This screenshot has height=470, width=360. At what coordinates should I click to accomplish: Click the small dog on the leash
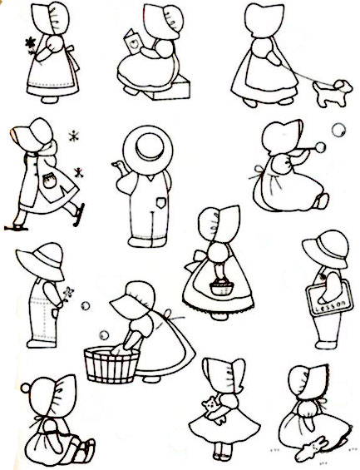pyautogui.click(x=333, y=92)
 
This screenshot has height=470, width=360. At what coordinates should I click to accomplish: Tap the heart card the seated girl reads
pyautogui.click(x=132, y=42)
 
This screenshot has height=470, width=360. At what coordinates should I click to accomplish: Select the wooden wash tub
pyautogui.click(x=111, y=365)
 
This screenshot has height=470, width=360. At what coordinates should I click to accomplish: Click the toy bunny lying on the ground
pyautogui.click(x=312, y=448)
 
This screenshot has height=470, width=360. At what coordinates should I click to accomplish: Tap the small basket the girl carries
pyautogui.click(x=222, y=287)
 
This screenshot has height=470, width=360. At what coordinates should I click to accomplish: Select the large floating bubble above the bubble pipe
pyautogui.click(x=338, y=130)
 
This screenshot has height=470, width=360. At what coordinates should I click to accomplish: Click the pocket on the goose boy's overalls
pyautogui.click(x=160, y=202)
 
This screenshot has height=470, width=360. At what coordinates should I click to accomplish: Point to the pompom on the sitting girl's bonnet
pyautogui.click(x=26, y=388)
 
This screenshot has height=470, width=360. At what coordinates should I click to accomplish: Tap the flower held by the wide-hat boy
pyautogui.click(x=68, y=292)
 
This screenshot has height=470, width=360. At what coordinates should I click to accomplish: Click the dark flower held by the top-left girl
pyautogui.click(x=30, y=43)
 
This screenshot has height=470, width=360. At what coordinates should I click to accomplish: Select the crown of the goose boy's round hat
pyautogui.click(x=150, y=146)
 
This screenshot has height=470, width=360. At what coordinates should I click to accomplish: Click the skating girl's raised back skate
pyautogui.click(x=79, y=215)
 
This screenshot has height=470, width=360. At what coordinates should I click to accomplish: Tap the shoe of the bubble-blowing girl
pyautogui.click(x=323, y=200)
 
